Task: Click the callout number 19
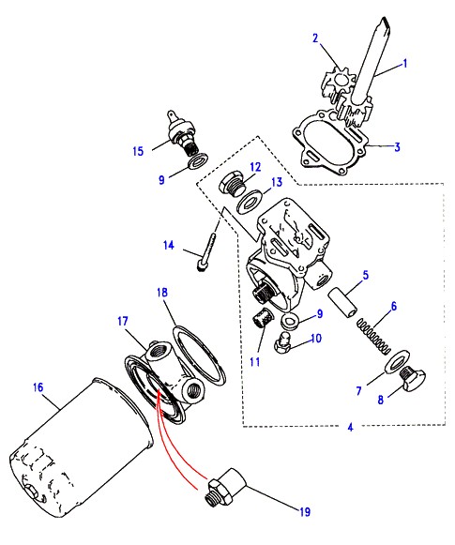pos(305,511)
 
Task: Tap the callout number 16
pos(38,387)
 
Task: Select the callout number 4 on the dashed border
pos(350,427)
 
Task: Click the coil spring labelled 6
pos(373,337)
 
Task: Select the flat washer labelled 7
pos(397,362)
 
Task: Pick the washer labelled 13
pos(250,202)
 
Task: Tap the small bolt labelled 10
pos(283,342)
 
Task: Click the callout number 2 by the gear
pos(315,38)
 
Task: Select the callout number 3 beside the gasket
pos(397,146)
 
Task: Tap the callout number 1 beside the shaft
pos(404,64)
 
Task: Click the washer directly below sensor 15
pos(198,161)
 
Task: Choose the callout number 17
pos(122,321)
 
